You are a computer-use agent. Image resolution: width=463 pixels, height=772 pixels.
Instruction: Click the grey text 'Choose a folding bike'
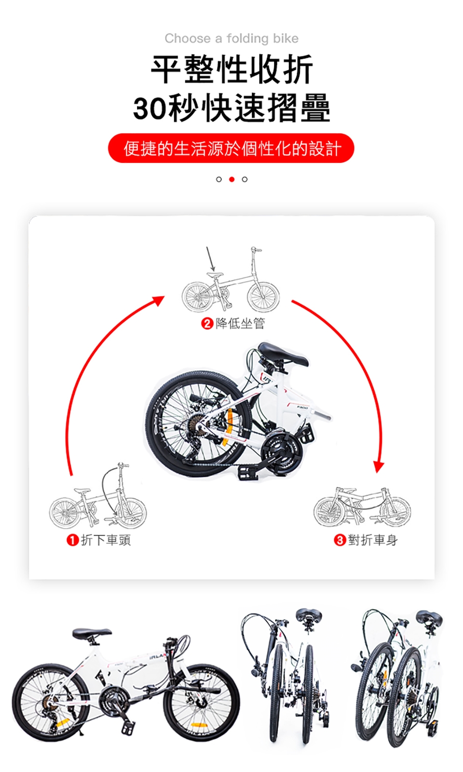(231, 39)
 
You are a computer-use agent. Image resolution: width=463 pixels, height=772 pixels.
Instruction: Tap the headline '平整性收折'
(231, 69)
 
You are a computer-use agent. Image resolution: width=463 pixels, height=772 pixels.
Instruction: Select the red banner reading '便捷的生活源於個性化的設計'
(231, 148)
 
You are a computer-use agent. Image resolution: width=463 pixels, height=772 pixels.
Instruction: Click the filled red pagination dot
(231, 179)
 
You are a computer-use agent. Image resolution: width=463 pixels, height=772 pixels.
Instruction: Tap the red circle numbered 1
(72, 540)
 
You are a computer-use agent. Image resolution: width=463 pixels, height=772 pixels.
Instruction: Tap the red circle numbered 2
(207, 324)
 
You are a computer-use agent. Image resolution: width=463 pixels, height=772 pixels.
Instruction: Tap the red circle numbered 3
(340, 540)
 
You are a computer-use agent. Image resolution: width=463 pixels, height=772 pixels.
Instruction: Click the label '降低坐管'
(240, 324)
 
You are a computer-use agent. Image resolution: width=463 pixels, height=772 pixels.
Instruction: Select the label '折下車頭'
(106, 540)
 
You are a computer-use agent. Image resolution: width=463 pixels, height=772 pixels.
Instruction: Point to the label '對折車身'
(373, 540)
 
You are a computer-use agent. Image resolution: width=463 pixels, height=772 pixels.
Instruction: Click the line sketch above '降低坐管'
(231, 279)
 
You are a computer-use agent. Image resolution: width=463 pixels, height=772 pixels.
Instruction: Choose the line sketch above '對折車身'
(362, 507)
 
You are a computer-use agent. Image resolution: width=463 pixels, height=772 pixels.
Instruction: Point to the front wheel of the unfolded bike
(201, 703)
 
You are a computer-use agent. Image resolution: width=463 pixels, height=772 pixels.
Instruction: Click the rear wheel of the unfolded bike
(51, 703)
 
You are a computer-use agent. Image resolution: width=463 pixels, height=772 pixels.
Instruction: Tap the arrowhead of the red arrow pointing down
(379, 467)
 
